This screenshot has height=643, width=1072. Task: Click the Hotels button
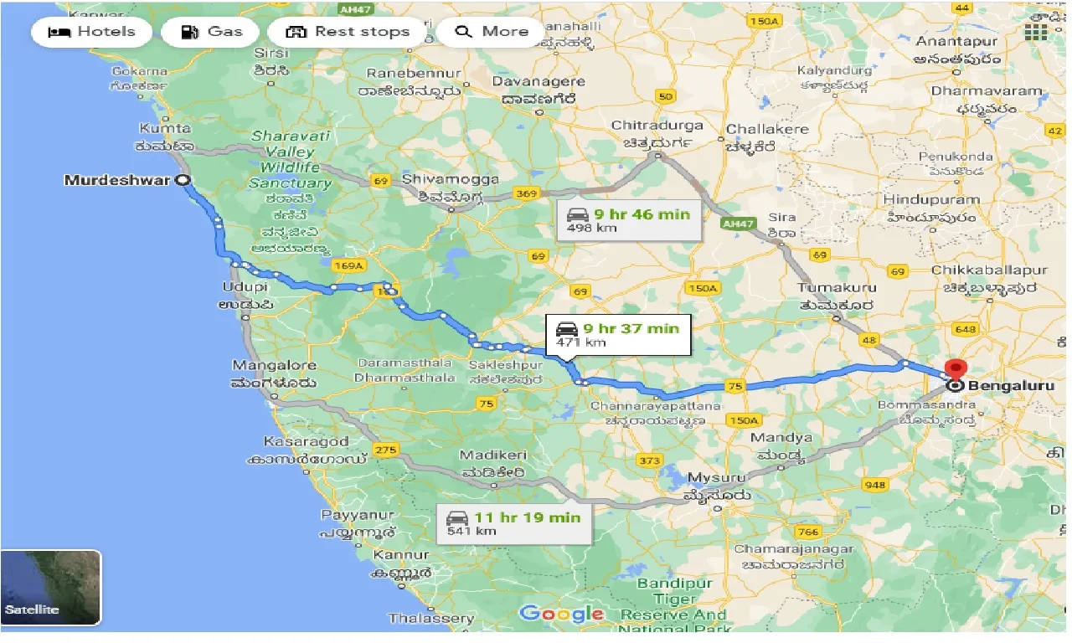click(92, 33)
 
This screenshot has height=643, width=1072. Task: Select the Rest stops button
click(348, 33)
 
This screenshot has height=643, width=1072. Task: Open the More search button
click(493, 33)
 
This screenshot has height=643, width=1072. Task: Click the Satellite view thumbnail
click(51, 588)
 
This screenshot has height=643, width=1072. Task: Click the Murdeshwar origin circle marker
click(182, 180)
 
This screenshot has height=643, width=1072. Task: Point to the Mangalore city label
click(274, 366)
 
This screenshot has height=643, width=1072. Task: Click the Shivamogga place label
click(451, 179)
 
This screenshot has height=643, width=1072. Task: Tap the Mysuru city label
click(716, 478)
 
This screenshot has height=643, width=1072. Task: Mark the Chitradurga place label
click(657, 126)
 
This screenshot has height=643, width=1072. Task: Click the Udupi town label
click(244, 287)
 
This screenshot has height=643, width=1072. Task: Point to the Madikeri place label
click(492, 455)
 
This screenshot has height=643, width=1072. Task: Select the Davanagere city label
click(539, 82)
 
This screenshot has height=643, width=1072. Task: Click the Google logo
click(561, 614)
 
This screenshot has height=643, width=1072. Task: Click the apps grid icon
click(1036, 32)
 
